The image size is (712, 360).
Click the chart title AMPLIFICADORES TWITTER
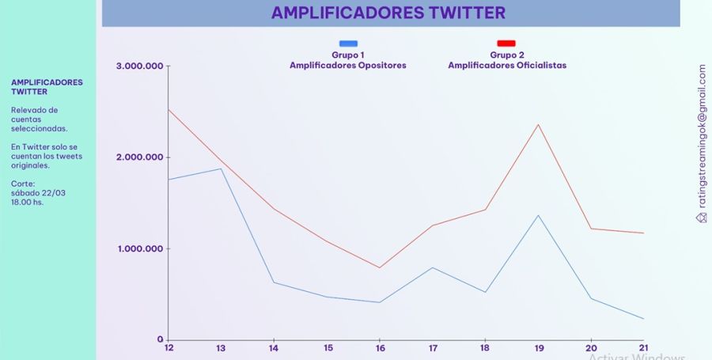coord(388,13)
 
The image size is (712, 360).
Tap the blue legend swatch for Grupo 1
coord(348,44)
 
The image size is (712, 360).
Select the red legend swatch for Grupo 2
coord(506,44)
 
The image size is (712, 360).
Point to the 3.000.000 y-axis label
coord(139,66)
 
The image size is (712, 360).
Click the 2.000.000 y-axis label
coord(139,157)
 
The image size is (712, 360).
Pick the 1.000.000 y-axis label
coord(139,248)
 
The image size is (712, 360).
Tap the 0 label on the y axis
coord(160,339)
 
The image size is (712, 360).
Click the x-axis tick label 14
coord(274,348)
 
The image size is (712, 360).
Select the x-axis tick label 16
coord(380,348)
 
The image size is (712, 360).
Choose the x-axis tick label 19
coord(539,348)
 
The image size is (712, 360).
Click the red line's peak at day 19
coord(539,124)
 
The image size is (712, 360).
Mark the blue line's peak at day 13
coord(221,169)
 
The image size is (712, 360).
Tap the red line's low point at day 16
coord(379,268)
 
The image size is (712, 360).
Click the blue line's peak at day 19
coord(539,215)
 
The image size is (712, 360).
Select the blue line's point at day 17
coord(433,268)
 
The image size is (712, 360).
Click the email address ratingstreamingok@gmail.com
coord(702,136)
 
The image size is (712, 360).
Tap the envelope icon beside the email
coord(702,218)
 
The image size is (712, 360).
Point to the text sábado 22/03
coord(38,193)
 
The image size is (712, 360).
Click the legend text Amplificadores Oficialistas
coord(507,66)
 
